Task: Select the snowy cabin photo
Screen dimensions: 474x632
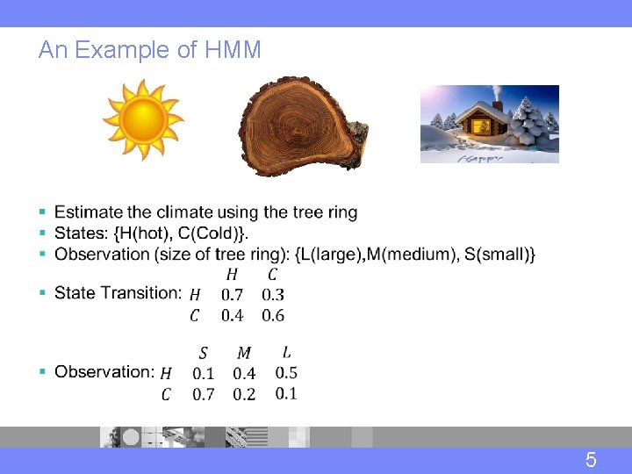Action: coord(489,124)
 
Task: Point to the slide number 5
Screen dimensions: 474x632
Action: coord(591,460)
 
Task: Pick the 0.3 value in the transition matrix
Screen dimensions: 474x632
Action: coord(273,295)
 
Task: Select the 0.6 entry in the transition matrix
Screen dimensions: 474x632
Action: coord(273,315)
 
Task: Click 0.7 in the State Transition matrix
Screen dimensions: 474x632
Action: coord(233,295)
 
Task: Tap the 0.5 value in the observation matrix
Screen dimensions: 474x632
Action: coord(286,373)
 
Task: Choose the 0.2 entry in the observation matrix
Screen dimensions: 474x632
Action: coord(244,394)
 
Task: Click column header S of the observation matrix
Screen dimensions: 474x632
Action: coord(204,353)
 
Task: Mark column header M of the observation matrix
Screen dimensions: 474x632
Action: coord(244,353)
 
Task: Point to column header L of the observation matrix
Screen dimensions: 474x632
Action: coord(286,352)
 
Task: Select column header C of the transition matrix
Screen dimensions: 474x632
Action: coord(273,275)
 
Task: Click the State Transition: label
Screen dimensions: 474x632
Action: coord(118,293)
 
